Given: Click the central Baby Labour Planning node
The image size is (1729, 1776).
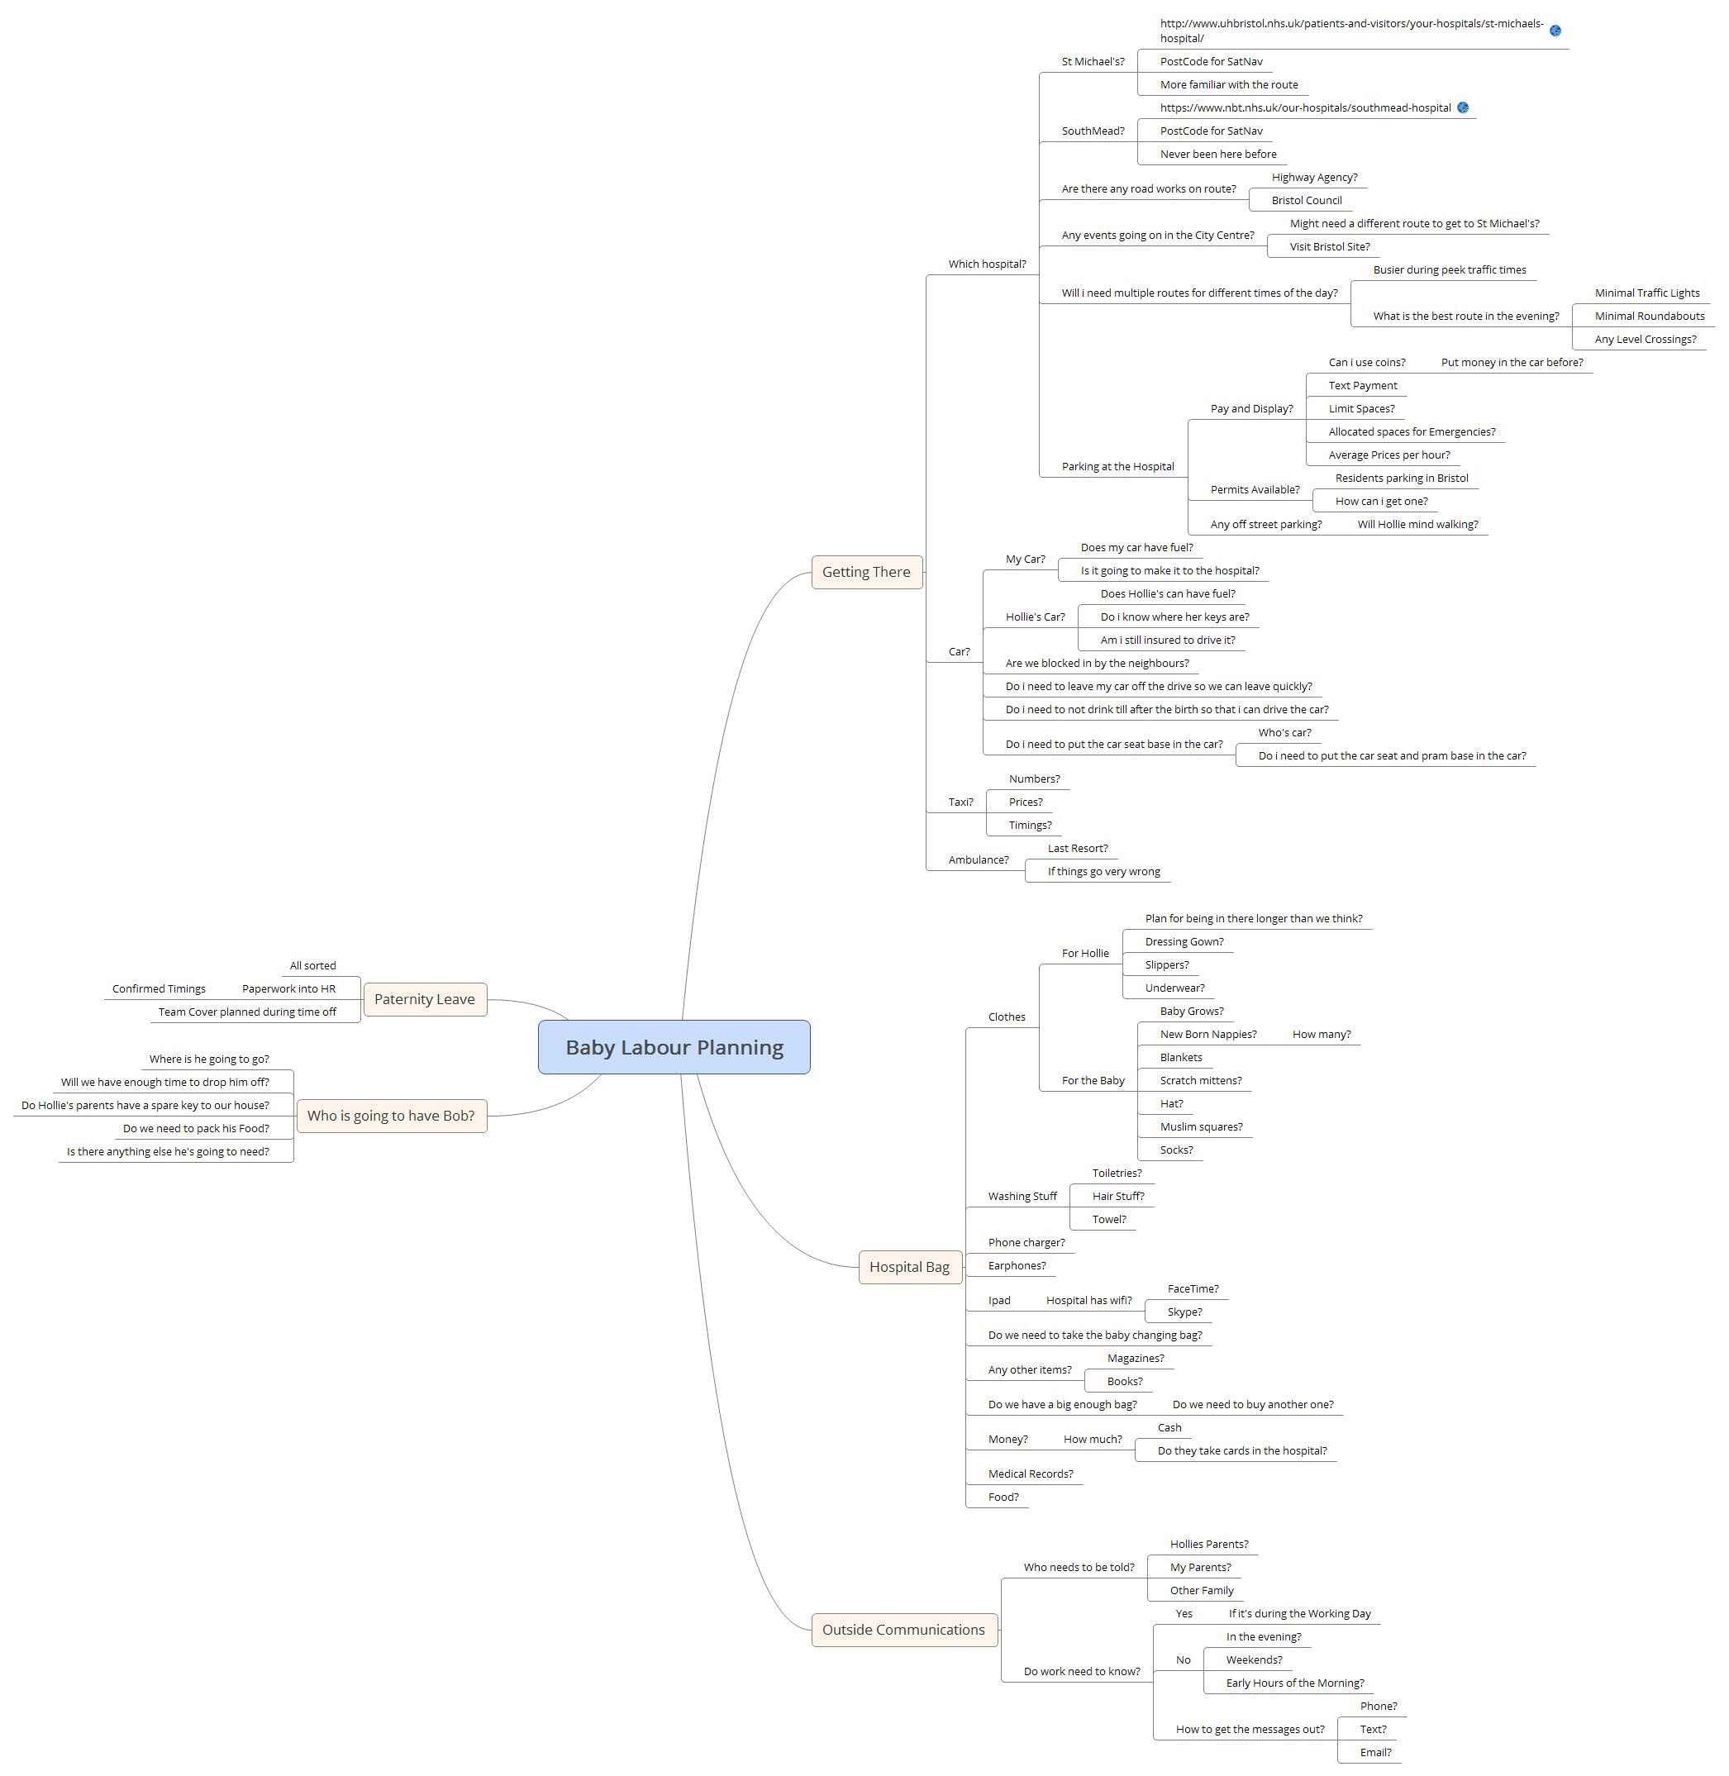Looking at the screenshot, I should coord(674,1047).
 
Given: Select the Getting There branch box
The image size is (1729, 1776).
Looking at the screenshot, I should coord(866,572).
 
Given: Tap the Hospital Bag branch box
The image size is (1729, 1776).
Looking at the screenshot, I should coord(909,1267).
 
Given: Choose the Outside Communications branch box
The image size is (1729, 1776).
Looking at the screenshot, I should coord(903,1630).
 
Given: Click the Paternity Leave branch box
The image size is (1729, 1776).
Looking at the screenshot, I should coord(424,1000).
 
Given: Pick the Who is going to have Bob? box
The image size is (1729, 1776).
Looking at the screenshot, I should coord(390,1116).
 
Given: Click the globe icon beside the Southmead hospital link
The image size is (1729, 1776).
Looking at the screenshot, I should coord(1463,108).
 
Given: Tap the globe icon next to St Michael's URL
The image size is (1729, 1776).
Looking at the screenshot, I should coord(1555,31).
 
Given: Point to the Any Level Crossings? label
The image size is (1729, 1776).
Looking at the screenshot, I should coord(1646,340).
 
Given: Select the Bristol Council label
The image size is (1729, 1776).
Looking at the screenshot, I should coord(1307,201).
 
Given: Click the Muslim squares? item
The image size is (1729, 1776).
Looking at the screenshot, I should coord(1202,1126).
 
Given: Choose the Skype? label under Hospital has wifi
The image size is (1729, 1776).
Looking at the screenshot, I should coord(1185,1312).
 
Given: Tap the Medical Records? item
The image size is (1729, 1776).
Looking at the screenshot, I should coord(1031,1474).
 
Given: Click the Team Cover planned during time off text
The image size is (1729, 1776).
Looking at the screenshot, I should coord(247,1012).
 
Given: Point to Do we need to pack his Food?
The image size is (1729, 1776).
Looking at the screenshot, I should coord(196,1129).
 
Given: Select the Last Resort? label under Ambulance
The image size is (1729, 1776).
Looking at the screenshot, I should coord(1078,849).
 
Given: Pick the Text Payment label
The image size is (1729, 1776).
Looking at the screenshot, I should coord(1363,386).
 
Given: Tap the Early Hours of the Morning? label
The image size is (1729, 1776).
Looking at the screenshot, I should coord(1295,1683).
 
